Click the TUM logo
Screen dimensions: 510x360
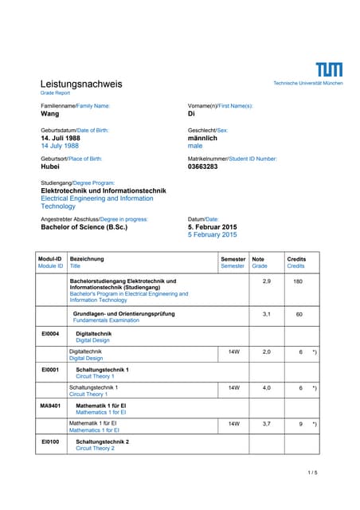(x=329, y=69)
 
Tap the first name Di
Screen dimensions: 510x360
(x=191, y=114)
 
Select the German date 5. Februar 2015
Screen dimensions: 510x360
(x=213, y=226)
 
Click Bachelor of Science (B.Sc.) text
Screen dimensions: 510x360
(x=84, y=226)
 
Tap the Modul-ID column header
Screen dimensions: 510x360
(x=50, y=259)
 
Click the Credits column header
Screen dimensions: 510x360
(x=296, y=259)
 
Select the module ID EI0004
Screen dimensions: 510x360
(x=49, y=334)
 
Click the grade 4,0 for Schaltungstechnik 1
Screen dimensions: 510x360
(x=266, y=387)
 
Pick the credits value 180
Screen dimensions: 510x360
(x=299, y=282)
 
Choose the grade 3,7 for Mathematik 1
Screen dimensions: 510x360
(x=266, y=424)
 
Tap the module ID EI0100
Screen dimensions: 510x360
(x=49, y=441)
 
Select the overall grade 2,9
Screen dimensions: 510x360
(x=266, y=282)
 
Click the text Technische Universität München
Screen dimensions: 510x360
(x=308, y=83)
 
